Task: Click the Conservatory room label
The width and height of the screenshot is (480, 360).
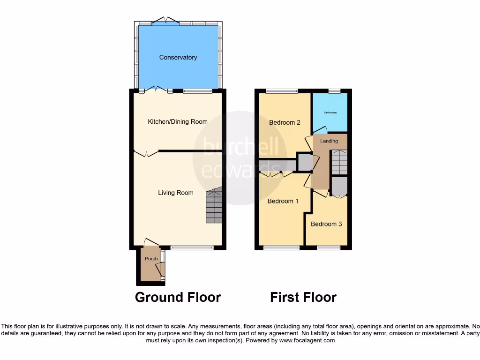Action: pyautogui.click(x=178, y=58)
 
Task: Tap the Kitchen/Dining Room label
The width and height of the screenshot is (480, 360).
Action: pyautogui.click(x=178, y=122)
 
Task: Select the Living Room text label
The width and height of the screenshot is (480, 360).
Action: pyautogui.click(x=175, y=193)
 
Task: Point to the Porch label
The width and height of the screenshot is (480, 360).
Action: pyautogui.click(x=151, y=259)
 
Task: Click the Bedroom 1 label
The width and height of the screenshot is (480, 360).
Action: pyautogui.click(x=283, y=201)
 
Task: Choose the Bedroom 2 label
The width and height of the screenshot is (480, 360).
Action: pyautogui.click(x=285, y=123)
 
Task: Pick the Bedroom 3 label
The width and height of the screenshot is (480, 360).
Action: pyautogui.click(x=326, y=224)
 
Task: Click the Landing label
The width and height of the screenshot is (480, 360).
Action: pyautogui.click(x=329, y=141)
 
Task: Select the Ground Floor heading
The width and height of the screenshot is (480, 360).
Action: pyautogui.click(x=178, y=297)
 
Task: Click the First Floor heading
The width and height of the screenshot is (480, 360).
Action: pyautogui.click(x=303, y=297)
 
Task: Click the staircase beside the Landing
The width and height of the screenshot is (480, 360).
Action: pyautogui.click(x=339, y=162)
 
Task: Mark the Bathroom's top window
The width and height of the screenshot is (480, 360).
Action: pyautogui.click(x=334, y=91)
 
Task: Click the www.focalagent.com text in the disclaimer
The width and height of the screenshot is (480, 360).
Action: pyautogui.click(x=307, y=341)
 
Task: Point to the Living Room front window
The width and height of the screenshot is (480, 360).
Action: pyautogui.click(x=193, y=247)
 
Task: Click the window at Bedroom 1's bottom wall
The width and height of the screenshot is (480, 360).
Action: pyautogui.click(x=281, y=247)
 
